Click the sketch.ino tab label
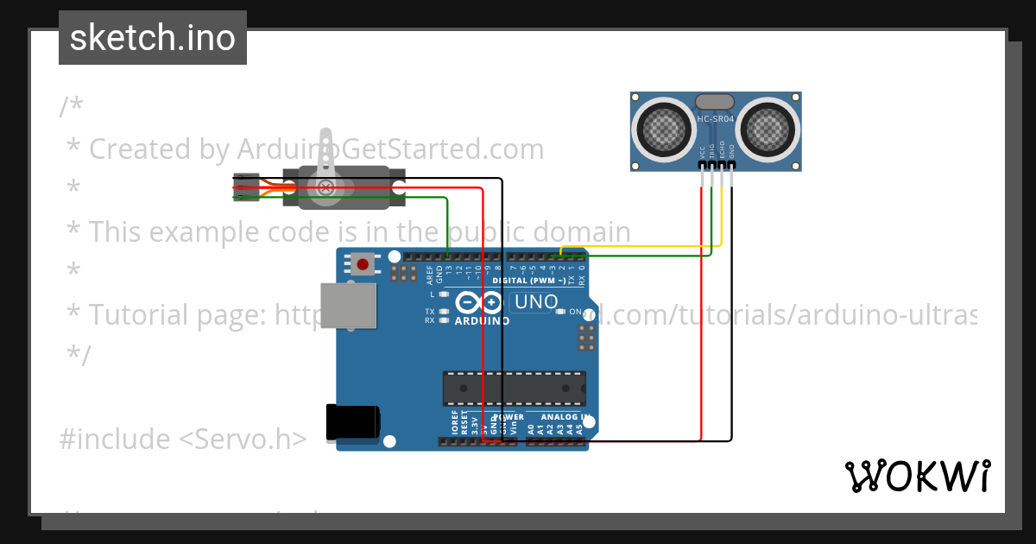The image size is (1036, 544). click(x=153, y=38)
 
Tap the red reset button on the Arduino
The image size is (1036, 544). click(x=363, y=263)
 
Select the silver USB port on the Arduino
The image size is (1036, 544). click(x=348, y=306)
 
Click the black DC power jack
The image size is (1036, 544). click(x=351, y=422)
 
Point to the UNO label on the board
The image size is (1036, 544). click(x=536, y=302)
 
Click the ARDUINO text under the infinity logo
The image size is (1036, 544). click(x=482, y=321)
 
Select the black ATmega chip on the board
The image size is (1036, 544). click(x=515, y=388)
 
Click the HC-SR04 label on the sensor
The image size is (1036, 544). click(x=715, y=119)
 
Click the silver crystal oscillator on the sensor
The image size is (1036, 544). click(x=715, y=103)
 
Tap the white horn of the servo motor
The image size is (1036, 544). click(x=325, y=164)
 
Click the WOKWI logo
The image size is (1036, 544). click(x=918, y=476)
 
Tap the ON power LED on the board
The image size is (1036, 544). click(x=561, y=311)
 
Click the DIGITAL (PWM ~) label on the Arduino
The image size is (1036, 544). click(x=529, y=281)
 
